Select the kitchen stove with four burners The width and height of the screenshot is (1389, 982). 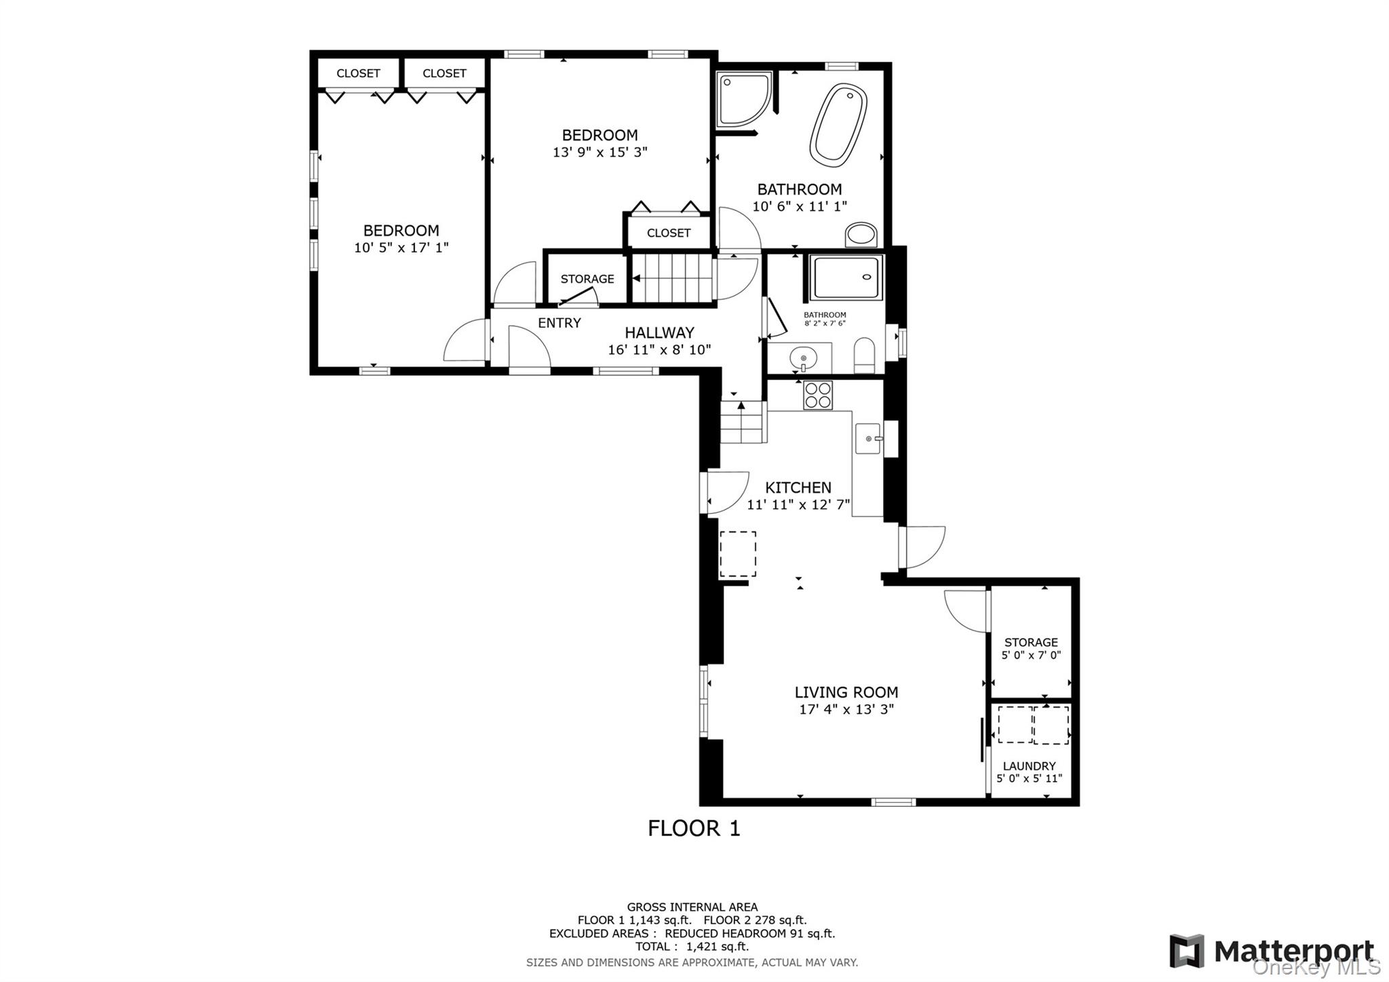[817, 395]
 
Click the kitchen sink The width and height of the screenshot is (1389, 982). [869, 438]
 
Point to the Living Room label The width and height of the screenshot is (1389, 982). [846, 692]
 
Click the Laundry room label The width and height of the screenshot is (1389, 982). [1029, 766]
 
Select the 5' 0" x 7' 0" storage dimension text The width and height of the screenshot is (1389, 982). [1030, 656]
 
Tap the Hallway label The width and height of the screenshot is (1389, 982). [659, 333]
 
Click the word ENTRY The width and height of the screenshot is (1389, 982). [559, 323]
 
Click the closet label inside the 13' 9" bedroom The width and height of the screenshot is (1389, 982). [668, 233]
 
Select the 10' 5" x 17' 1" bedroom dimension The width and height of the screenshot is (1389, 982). [401, 248]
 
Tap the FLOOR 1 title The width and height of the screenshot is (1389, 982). [693, 828]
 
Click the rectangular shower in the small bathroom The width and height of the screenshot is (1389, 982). [847, 277]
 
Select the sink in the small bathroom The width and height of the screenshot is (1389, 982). [803, 358]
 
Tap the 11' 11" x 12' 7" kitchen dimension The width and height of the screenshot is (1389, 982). [798, 505]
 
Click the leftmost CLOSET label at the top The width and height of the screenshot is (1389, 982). [358, 73]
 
